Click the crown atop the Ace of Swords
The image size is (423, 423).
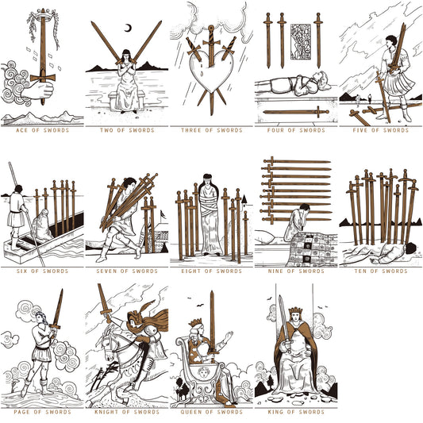coord(42,13)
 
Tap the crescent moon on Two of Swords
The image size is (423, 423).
coord(129,29)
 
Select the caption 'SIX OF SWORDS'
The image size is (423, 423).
coord(41,271)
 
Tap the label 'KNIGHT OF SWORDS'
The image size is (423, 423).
coord(126,412)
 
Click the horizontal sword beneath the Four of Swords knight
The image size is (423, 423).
coord(296,111)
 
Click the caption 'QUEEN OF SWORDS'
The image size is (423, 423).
coord(210,412)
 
